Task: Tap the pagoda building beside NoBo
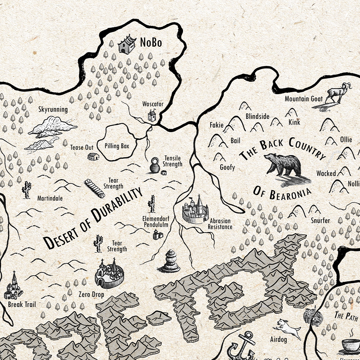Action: (127, 44)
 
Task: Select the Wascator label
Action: (153, 104)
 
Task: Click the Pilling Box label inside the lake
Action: (117, 146)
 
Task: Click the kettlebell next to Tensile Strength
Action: (155, 165)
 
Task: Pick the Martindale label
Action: (50, 198)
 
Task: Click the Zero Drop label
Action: (91, 295)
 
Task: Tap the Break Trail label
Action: (22, 304)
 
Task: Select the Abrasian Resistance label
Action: (220, 224)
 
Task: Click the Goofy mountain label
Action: (227, 167)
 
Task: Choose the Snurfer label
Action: (320, 220)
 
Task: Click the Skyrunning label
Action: (53, 109)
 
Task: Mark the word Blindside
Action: (257, 116)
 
